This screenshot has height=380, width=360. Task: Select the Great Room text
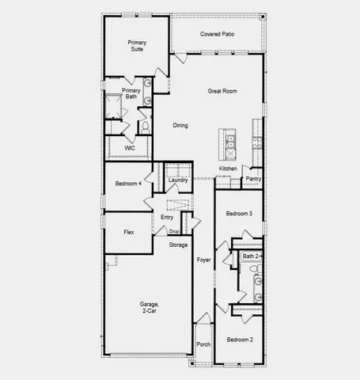coord(223,91)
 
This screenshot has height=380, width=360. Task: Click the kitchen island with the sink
coord(230,142)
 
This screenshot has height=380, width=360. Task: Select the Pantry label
coord(253,179)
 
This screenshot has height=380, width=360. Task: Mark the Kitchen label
coord(228,169)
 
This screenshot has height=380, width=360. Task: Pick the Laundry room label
coord(178,180)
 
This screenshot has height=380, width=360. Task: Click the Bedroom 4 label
coord(128,184)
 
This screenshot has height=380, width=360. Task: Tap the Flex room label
coord(128,233)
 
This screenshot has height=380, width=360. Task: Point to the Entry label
coord(167,217)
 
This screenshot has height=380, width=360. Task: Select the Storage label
coord(178,245)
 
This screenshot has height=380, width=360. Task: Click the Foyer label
coord(203,260)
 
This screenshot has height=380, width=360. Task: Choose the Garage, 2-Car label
coord(150,307)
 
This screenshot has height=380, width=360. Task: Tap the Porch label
coord(203,344)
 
